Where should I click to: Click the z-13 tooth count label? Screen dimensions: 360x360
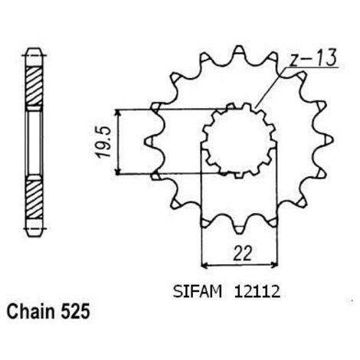[x=313, y=58]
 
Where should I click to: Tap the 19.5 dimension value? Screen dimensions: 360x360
[x=104, y=142]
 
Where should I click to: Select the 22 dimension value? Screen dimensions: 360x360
[x=242, y=254]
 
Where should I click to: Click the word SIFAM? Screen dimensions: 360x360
[x=198, y=292]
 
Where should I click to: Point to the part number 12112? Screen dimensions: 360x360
[x=257, y=292]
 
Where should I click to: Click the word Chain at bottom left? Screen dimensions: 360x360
[x=31, y=311]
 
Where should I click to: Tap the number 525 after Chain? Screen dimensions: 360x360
[x=75, y=311]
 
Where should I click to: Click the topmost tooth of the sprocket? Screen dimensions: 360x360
[x=239, y=51]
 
